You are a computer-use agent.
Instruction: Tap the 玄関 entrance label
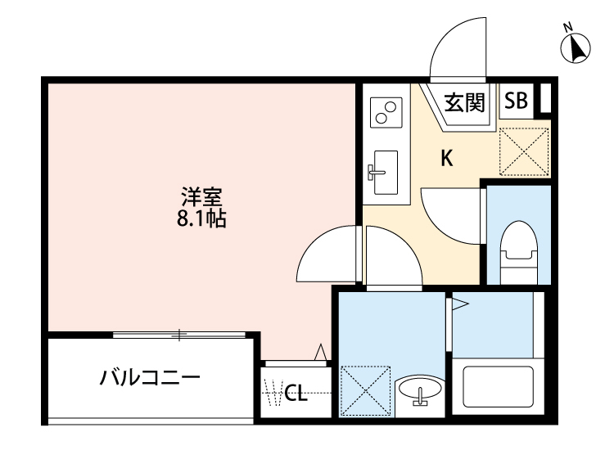(x=465, y=102)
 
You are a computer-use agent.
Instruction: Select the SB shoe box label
(x=516, y=101)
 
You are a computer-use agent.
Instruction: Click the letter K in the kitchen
(x=448, y=159)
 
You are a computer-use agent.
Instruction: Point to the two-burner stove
(x=386, y=110)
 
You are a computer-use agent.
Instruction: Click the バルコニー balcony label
(x=150, y=378)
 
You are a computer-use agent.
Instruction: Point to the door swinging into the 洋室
(x=327, y=254)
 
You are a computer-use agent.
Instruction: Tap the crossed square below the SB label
(x=523, y=147)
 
